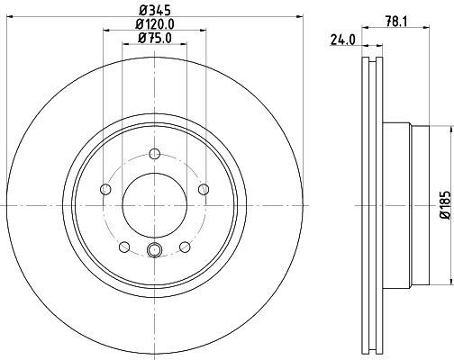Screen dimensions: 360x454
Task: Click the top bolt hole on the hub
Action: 154,153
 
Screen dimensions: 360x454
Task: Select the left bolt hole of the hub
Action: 104,190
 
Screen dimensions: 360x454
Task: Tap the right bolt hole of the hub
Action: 204,189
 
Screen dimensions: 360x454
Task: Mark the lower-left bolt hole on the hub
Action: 123,247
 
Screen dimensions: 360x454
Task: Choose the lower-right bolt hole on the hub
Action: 185,247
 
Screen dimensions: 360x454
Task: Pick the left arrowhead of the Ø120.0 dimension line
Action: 106,32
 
